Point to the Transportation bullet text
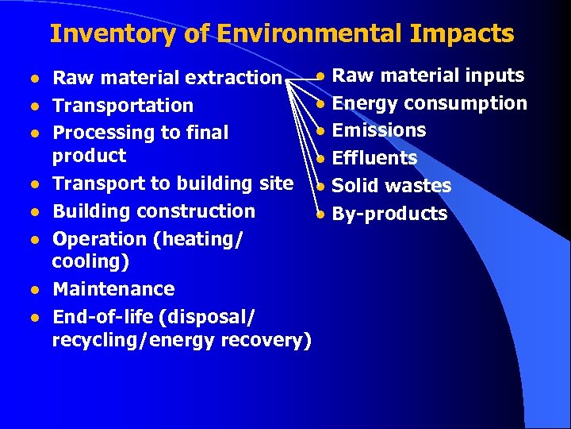coord(123,106)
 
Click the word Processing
coord(99,133)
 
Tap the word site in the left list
coord(276,184)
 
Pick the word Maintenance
coord(113,289)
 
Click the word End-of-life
coord(103,317)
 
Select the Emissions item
coord(379,130)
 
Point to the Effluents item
coord(374,158)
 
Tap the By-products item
coord(389,214)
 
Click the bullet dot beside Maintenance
coord(35,290)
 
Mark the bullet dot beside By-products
coord(320,214)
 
